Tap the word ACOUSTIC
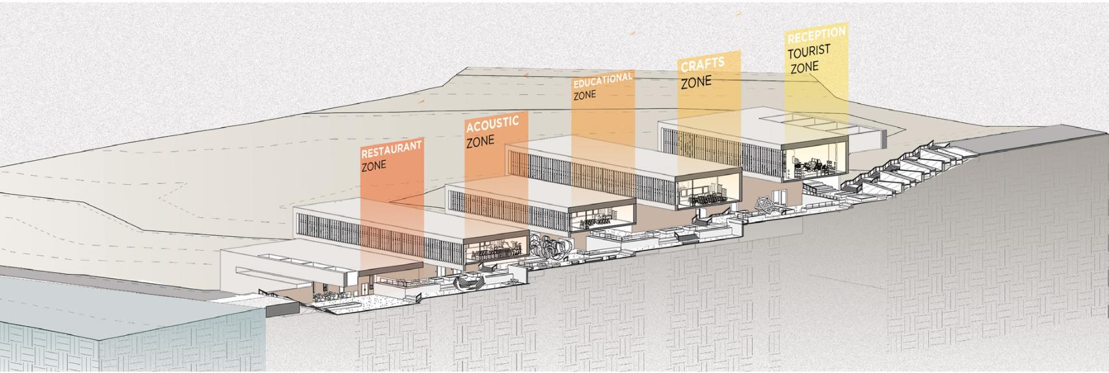(492, 123)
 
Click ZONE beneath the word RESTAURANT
(374, 165)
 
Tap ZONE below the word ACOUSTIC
(480, 141)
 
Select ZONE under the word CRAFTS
(696, 83)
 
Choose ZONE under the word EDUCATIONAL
(585, 95)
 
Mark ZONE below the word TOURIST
(804, 67)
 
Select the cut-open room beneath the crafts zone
(709, 193)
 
